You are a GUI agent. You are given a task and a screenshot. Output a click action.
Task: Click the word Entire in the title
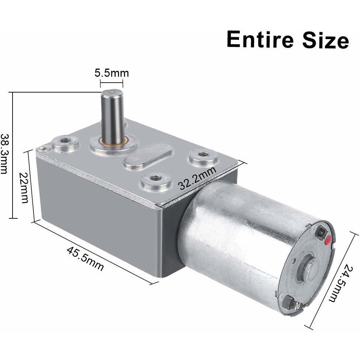pos(260,39)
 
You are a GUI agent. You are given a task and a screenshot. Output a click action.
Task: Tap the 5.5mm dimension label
pos(112,73)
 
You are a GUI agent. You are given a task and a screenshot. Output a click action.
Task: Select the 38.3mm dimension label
pos(4,153)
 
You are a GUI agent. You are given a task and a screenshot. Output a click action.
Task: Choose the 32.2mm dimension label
pos(197,178)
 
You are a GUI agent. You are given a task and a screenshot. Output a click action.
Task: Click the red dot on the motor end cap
pos(328,240)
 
